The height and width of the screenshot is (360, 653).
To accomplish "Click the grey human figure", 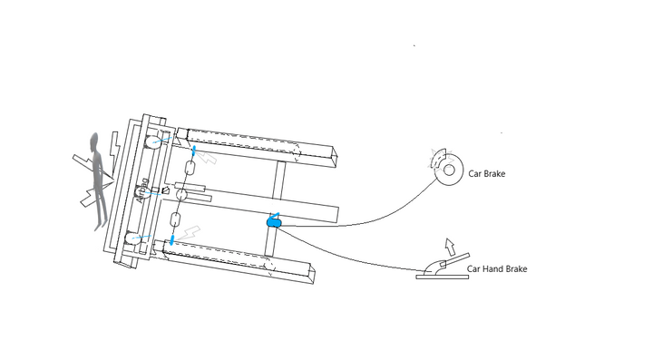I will point(96,181).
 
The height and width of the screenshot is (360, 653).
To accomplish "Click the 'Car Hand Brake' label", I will point(496,269).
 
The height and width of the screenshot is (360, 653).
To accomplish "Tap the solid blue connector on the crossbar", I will point(275,220).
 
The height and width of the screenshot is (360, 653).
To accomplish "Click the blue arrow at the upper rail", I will point(193,147).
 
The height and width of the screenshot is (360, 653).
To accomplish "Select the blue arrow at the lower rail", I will point(171,240).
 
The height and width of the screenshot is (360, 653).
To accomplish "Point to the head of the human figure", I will point(94,141).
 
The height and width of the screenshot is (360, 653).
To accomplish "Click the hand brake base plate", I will point(442,276).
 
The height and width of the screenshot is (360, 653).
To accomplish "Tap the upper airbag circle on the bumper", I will point(154,141).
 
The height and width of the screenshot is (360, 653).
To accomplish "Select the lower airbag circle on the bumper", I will point(134,239).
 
